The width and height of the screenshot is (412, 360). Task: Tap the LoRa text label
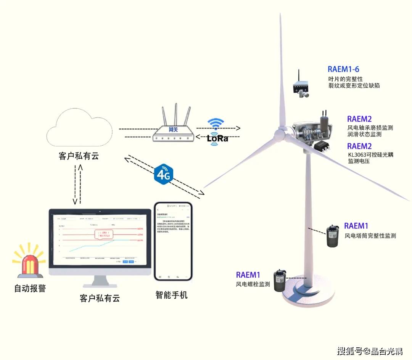point(217,138)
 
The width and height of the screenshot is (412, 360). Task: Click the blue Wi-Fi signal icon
point(216,124)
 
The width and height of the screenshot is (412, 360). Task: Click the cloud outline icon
point(79,130)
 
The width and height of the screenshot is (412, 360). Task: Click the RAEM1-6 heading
point(343,69)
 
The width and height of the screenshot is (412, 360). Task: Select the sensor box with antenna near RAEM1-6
point(301,86)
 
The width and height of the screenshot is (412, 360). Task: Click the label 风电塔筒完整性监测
point(370,236)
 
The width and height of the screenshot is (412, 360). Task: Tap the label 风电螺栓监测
point(253,284)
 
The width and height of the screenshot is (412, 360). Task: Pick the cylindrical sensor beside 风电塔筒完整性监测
point(333,236)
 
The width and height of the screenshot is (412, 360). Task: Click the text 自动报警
point(30,288)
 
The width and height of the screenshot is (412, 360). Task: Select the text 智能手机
point(171,295)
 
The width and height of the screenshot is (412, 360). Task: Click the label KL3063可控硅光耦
point(370,154)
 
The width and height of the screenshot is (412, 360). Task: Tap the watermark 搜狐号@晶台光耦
point(370,350)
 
